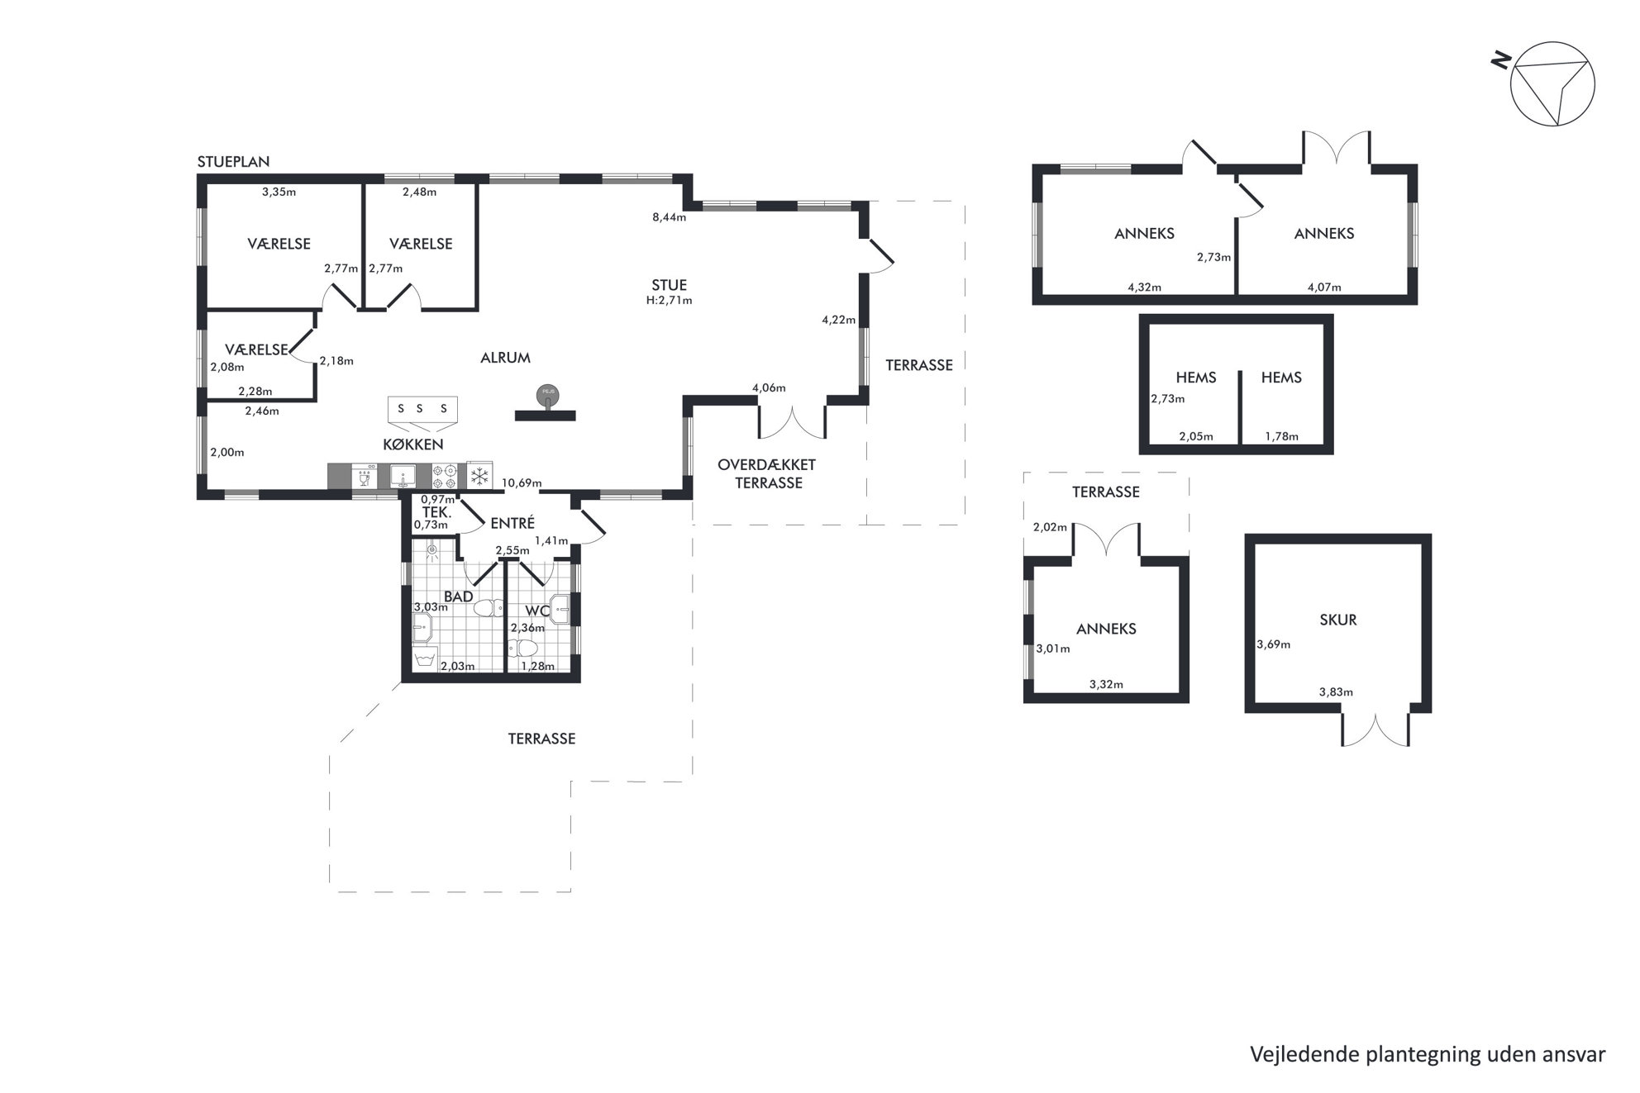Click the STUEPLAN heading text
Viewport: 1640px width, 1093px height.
pos(233,162)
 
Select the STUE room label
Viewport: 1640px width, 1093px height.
pos(669,286)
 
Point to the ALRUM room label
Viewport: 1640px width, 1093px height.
pos(505,358)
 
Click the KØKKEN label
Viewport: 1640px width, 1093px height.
pos(413,444)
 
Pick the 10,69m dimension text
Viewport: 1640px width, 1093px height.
pos(522,483)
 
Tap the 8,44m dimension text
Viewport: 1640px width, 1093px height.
pos(669,217)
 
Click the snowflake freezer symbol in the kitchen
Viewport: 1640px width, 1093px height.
pos(479,475)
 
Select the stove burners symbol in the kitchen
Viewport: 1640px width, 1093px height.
pos(445,476)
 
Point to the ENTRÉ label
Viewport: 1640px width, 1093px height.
pos(512,523)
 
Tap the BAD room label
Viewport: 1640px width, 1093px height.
pos(459,596)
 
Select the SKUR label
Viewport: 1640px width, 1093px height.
pos(1337,620)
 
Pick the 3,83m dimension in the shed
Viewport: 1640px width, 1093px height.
pos(1336,692)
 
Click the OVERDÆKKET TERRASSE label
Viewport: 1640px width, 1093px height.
pos(768,473)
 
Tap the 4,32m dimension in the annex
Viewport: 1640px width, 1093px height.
pos(1144,288)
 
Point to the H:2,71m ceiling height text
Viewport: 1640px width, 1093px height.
pos(669,301)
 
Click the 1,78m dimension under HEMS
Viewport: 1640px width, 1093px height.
pos(1281,436)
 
